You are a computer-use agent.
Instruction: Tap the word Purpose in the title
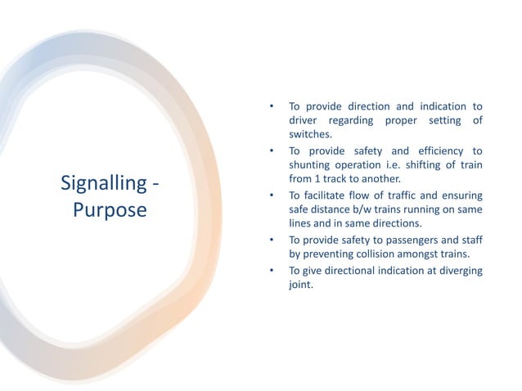(x=110, y=210)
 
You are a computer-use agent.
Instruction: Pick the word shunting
(x=311, y=164)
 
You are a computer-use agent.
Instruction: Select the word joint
(x=300, y=284)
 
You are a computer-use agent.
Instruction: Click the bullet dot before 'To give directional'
(x=271, y=271)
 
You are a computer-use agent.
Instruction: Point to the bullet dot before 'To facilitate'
(x=271, y=195)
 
